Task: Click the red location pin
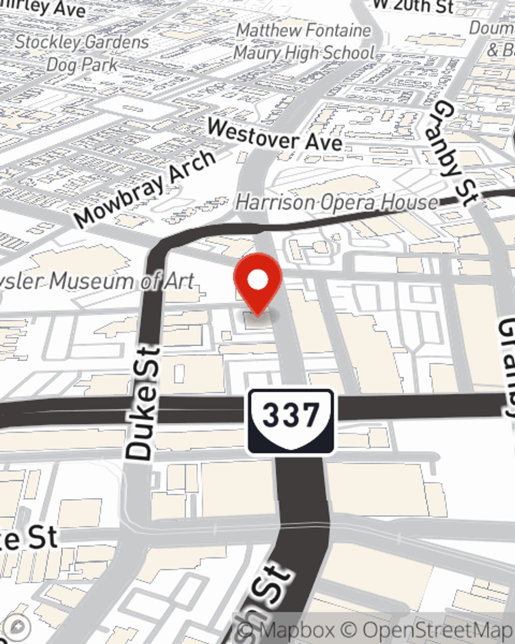click(x=257, y=281)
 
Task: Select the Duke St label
click(x=142, y=404)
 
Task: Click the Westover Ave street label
click(x=275, y=135)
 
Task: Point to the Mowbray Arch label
click(x=145, y=189)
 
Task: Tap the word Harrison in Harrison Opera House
click(x=273, y=202)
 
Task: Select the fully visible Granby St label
click(x=453, y=152)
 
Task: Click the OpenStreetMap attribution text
click(x=430, y=630)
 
